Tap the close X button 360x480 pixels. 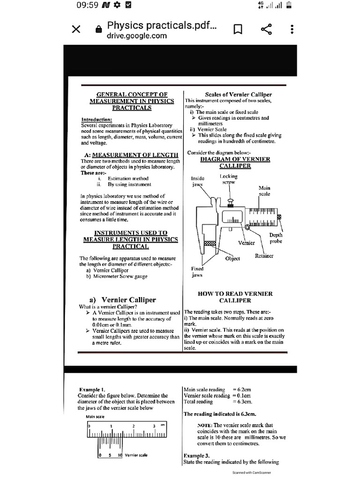76,30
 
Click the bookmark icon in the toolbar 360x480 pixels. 238,30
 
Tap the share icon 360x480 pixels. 266,30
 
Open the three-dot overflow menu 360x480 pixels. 292,30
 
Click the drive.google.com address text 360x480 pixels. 137,36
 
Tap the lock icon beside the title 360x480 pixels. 98,30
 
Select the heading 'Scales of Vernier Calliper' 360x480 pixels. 239,95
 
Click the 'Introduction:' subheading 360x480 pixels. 97,120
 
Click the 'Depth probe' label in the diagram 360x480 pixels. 276,238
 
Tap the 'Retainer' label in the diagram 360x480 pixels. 264,256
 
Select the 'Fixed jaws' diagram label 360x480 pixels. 197,272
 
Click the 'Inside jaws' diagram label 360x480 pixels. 197,181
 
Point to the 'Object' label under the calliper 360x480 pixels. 232,258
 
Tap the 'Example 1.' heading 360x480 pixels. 92,390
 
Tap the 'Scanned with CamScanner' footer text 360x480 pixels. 252,473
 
